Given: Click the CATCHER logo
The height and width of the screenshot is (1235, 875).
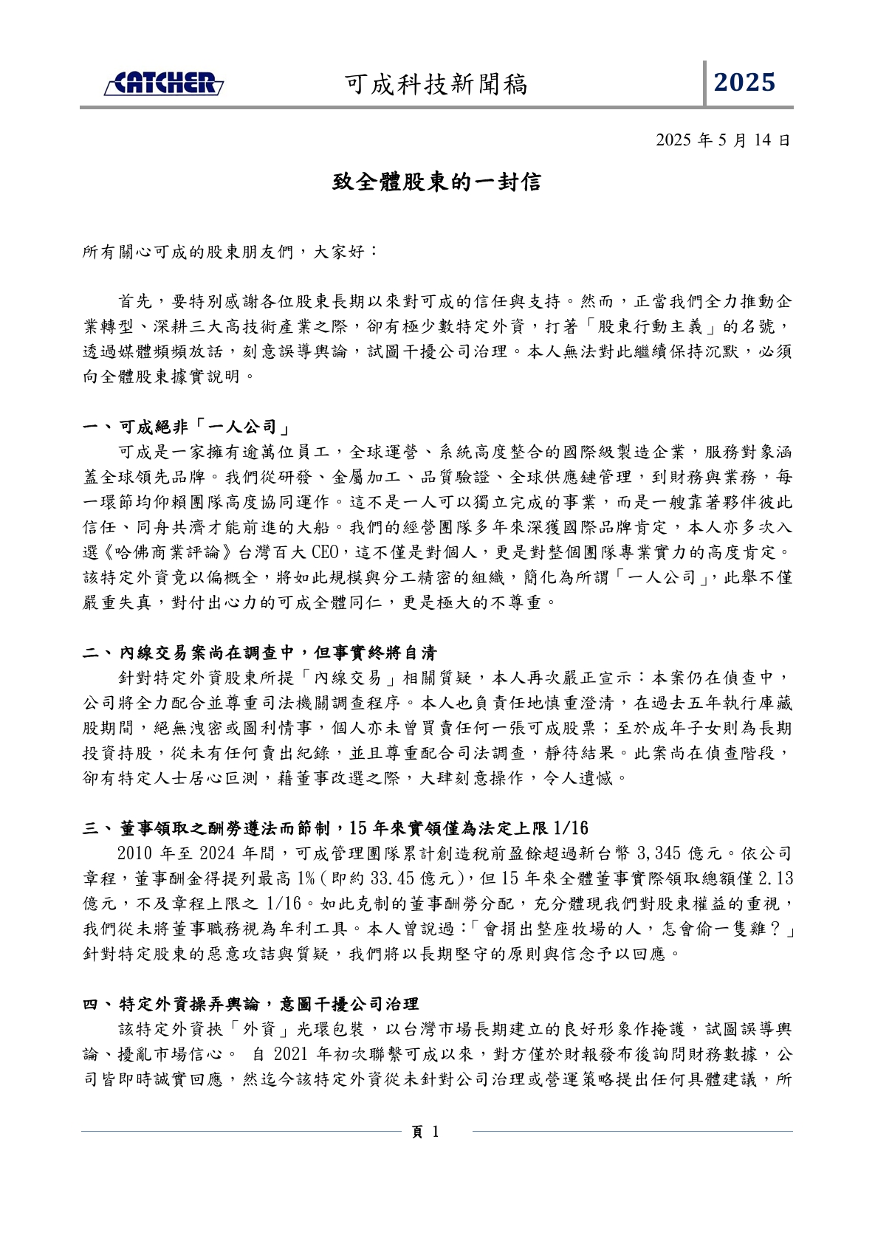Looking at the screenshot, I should point(163,83).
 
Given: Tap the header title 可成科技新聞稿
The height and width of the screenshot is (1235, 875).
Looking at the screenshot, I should point(436,85).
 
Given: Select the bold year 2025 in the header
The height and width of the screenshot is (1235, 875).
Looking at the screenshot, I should point(744,83).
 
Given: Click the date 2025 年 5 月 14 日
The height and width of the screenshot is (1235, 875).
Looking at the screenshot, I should point(723,140).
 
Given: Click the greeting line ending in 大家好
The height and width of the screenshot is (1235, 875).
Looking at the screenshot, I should point(230,252).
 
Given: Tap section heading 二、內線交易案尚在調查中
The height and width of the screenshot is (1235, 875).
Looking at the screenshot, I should point(260,653).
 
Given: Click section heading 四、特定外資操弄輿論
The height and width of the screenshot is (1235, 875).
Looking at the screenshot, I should point(251,1003).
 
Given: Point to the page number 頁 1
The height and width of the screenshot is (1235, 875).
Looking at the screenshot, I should point(425,1132).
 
